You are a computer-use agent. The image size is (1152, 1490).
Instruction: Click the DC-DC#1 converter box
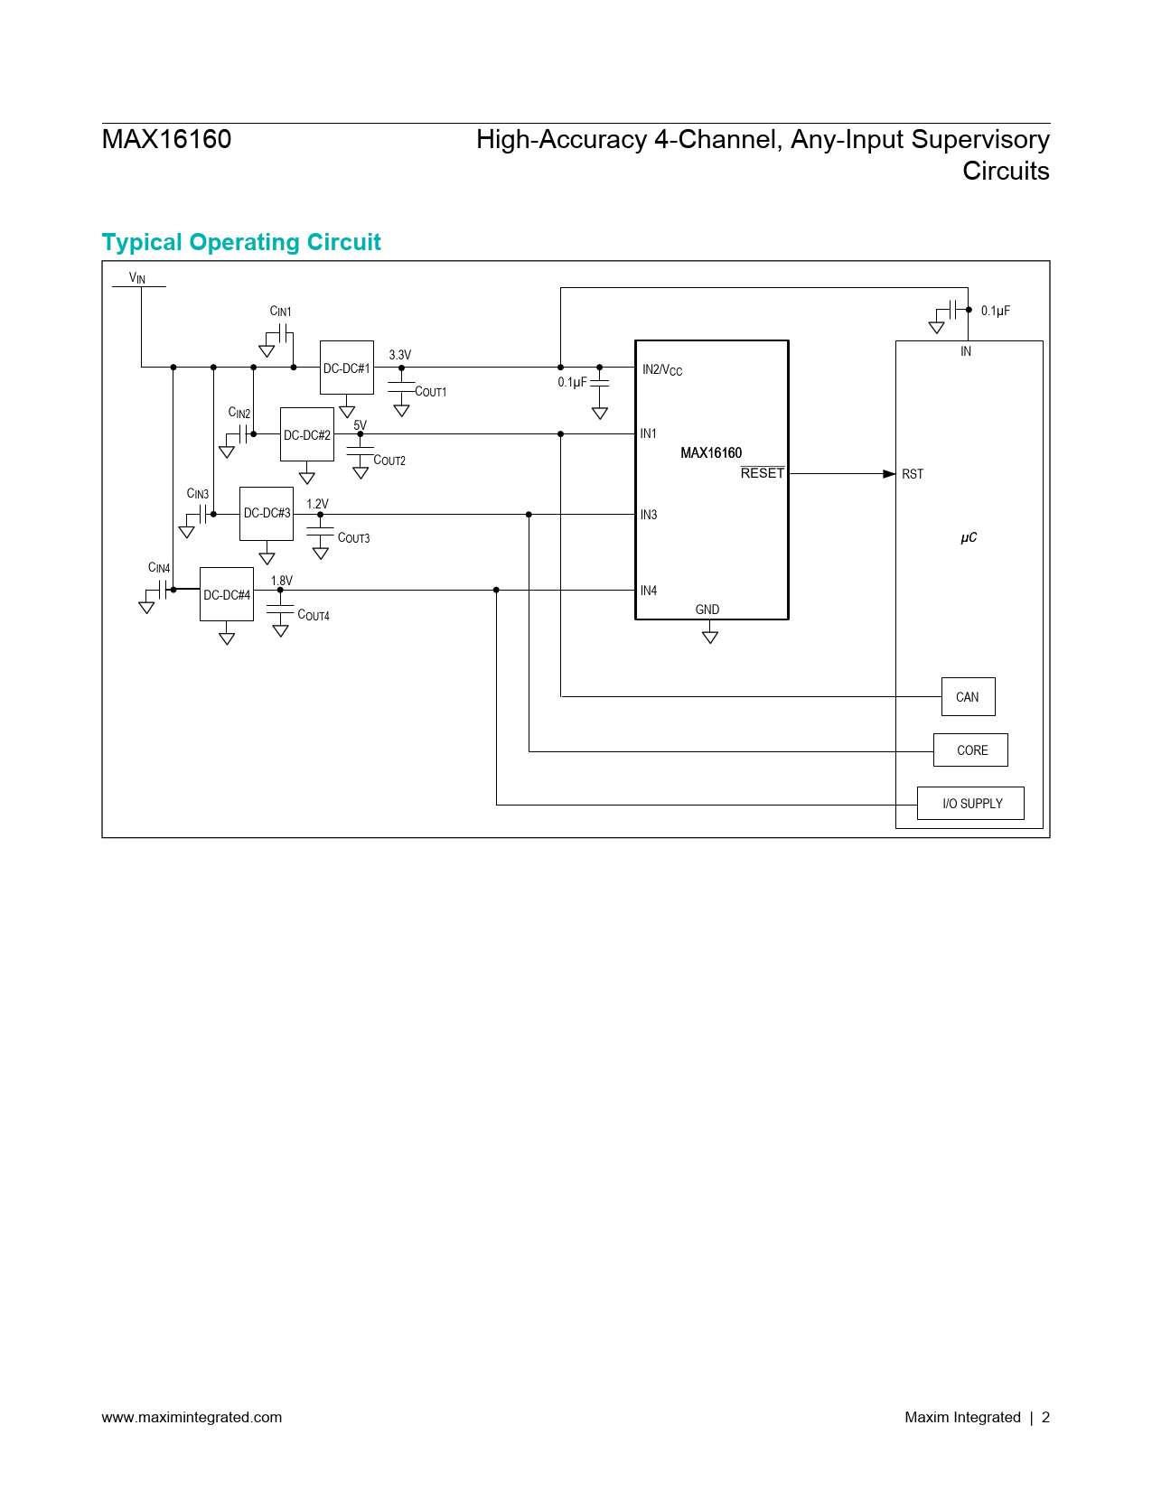347,368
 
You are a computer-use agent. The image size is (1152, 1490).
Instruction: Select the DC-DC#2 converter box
307,434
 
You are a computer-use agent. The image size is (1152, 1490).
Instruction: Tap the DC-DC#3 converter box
267,513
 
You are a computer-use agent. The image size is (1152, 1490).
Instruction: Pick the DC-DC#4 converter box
227,594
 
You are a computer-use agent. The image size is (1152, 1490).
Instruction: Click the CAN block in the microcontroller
968,697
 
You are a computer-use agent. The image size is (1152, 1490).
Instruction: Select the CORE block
971,750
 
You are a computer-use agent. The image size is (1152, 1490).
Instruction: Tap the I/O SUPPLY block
971,804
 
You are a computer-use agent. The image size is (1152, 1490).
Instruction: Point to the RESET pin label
763,473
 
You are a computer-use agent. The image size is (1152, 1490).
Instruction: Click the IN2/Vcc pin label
662,369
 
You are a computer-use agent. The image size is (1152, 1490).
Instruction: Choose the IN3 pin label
649,515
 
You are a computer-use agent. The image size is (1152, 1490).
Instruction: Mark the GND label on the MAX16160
707,610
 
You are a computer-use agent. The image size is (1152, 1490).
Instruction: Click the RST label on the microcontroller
913,474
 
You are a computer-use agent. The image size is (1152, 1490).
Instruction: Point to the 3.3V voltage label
399,355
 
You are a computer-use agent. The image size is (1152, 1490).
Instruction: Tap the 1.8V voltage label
282,581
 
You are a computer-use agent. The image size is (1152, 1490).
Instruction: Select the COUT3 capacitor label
353,538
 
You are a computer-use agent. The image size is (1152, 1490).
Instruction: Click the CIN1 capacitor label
280,312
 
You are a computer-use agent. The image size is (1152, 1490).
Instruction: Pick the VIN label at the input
137,278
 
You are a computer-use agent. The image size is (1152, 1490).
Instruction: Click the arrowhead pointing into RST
889,473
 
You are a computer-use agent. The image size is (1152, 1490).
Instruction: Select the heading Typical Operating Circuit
241,242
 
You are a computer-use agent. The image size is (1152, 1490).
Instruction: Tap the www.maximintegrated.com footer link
192,1417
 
